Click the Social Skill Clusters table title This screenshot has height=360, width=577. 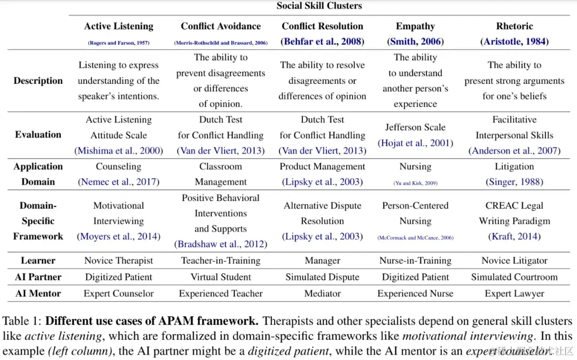click(x=319, y=6)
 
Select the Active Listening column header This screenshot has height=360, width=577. click(x=119, y=26)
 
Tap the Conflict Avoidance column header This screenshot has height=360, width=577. click(x=221, y=26)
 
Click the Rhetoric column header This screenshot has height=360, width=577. click(x=514, y=26)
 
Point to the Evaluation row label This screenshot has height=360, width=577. click(x=38, y=135)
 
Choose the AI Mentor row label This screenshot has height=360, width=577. click(x=38, y=293)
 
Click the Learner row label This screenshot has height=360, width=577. click(x=38, y=261)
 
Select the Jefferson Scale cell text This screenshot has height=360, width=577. click(x=415, y=127)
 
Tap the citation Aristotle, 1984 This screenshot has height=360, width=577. click(x=514, y=41)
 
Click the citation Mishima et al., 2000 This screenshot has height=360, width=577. click(x=119, y=151)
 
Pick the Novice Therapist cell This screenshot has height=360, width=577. click(x=119, y=261)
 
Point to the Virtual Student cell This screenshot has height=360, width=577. click(x=221, y=277)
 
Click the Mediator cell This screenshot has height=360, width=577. click(x=322, y=293)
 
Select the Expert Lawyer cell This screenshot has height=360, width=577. click(x=514, y=293)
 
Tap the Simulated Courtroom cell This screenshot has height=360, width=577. click(x=514, y=277)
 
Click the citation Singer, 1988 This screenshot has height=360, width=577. click(x=514, y=182)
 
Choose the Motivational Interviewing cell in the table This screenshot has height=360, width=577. click(x=119, y=213)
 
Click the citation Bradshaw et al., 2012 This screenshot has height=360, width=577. click(x=221, y=244)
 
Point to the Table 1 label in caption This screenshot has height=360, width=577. click(x=22, y=322)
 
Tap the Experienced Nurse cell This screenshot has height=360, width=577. click(x=415, y=293)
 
